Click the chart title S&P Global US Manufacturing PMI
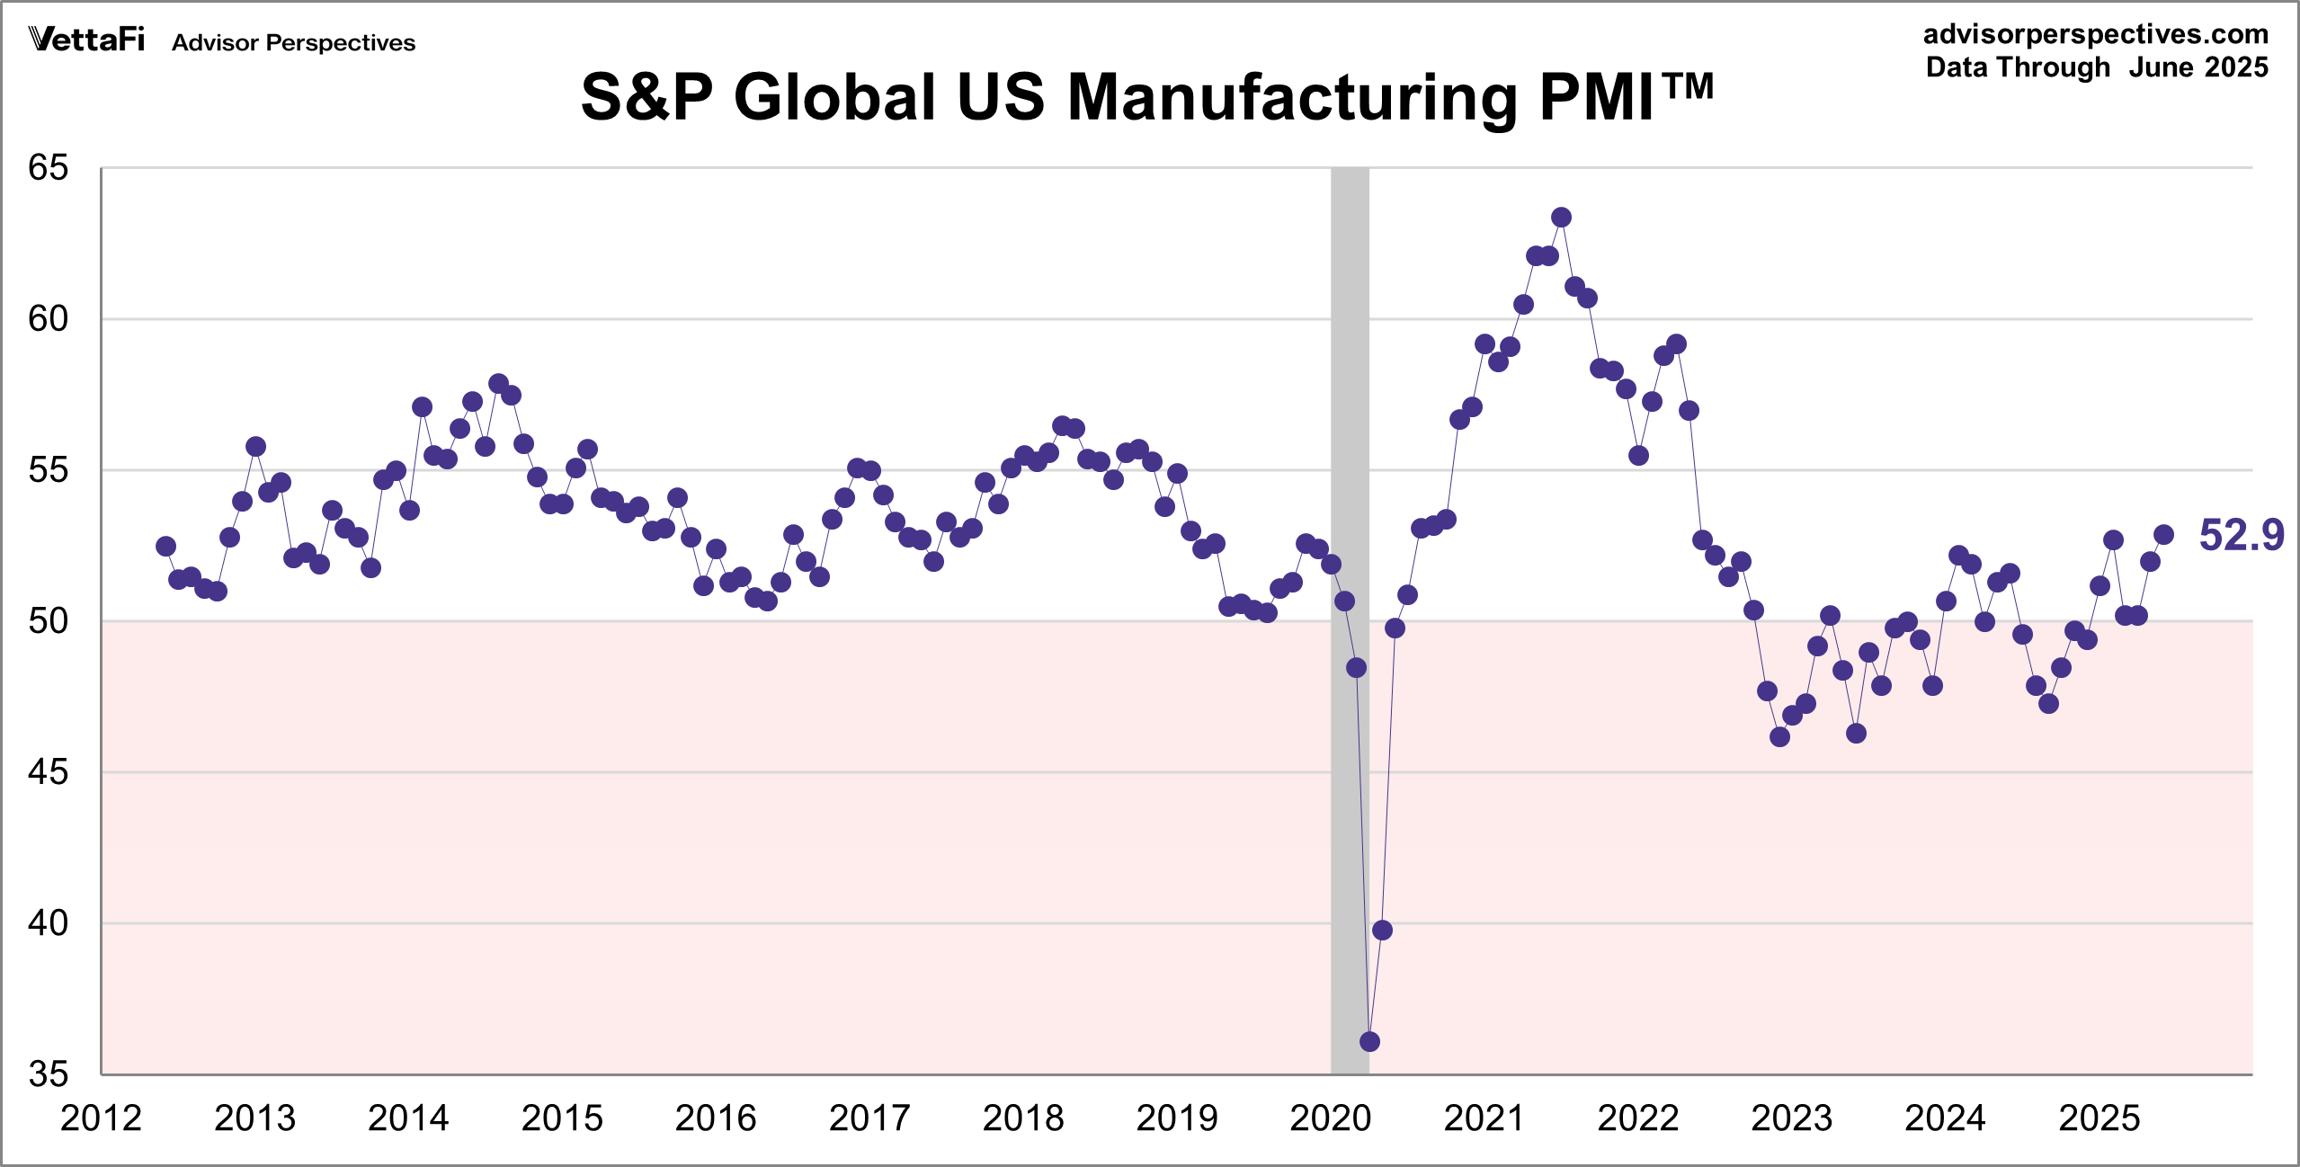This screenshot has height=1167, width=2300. [1146, 96]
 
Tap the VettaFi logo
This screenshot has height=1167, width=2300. [86, 40]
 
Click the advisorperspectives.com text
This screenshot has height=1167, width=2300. [2095, 34]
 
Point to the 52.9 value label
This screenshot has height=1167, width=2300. [2241, 535]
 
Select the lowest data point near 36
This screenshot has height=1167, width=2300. [1369, 1041]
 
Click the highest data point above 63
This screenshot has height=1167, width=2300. [1561, 218]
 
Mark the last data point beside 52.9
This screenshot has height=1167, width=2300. [2163, 535]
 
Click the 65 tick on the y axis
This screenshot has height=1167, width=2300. [49, 168]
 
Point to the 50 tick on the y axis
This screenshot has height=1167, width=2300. [49, 621]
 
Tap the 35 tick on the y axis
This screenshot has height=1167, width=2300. [49, 1074]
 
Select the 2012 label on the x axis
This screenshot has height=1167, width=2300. [101, 1118]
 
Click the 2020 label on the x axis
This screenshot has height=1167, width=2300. [1330, 1118]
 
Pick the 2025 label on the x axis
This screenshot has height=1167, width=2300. [2099, 1118]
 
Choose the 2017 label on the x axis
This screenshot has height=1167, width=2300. [869, 1118]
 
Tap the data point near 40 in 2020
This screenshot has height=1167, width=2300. [1382, 930]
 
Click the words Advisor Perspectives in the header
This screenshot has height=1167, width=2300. [293, 43]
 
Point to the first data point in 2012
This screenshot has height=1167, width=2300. [165, 547]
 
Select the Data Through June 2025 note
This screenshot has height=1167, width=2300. [2097, 67]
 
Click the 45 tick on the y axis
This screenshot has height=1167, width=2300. [49, 772]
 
